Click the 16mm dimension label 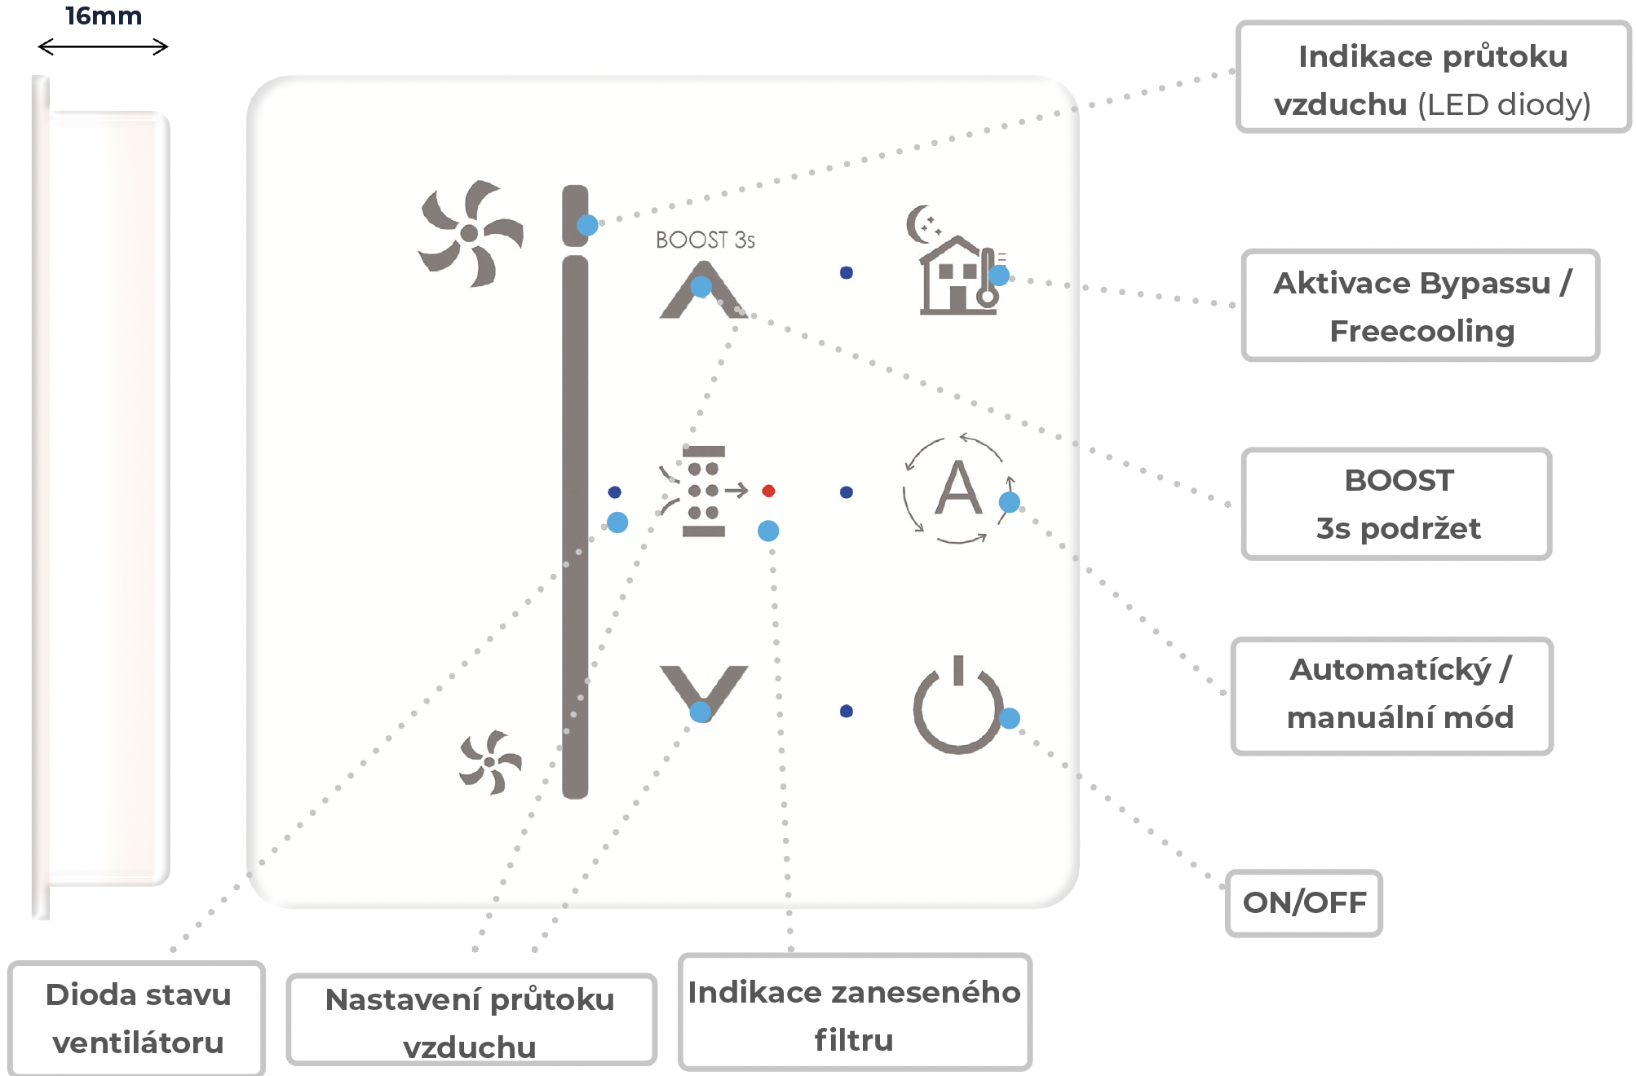[104, 16]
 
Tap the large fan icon [470, 234]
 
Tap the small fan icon [489, 762]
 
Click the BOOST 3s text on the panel [705, 240]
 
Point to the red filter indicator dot [768, 491]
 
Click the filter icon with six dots [703, 491]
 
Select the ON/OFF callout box [1304, 903]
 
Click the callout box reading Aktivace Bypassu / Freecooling [1420, 306]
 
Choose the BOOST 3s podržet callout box [1396, 504]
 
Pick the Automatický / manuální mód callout [1392, 696]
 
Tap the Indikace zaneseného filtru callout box [855, 1012]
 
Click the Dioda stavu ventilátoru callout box [137, 1018]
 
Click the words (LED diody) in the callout [1504, 104]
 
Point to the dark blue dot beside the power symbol [847, 711]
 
